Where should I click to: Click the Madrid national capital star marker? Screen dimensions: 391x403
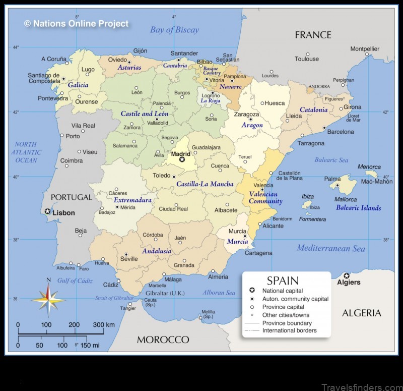coord(182,159)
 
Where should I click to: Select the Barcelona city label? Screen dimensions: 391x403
coord(341,132)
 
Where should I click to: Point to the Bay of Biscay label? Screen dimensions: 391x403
coord(174,30)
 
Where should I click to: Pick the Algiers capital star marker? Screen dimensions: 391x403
coord(347,275)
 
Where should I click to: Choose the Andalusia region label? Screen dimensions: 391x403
coord(157,251)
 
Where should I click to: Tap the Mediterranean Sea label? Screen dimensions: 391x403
coord(330,248)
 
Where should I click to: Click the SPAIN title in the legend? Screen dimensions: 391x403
coord(283,281)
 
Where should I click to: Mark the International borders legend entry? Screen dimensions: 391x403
coord(289,330)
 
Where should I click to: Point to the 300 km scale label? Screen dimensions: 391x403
coord(104,324)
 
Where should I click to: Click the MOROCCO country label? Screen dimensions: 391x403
coord(163,340)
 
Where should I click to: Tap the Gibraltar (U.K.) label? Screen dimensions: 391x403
coord(165,293)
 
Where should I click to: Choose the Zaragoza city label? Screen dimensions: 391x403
coord(247,115)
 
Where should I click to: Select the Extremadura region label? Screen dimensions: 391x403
coord(132,200)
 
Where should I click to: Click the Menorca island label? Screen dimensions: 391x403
coord(369,167)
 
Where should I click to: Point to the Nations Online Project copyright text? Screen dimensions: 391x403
coord(77,23)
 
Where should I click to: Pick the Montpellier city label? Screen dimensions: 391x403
coord(365,49)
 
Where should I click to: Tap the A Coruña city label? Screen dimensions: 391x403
coord(54,59)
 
